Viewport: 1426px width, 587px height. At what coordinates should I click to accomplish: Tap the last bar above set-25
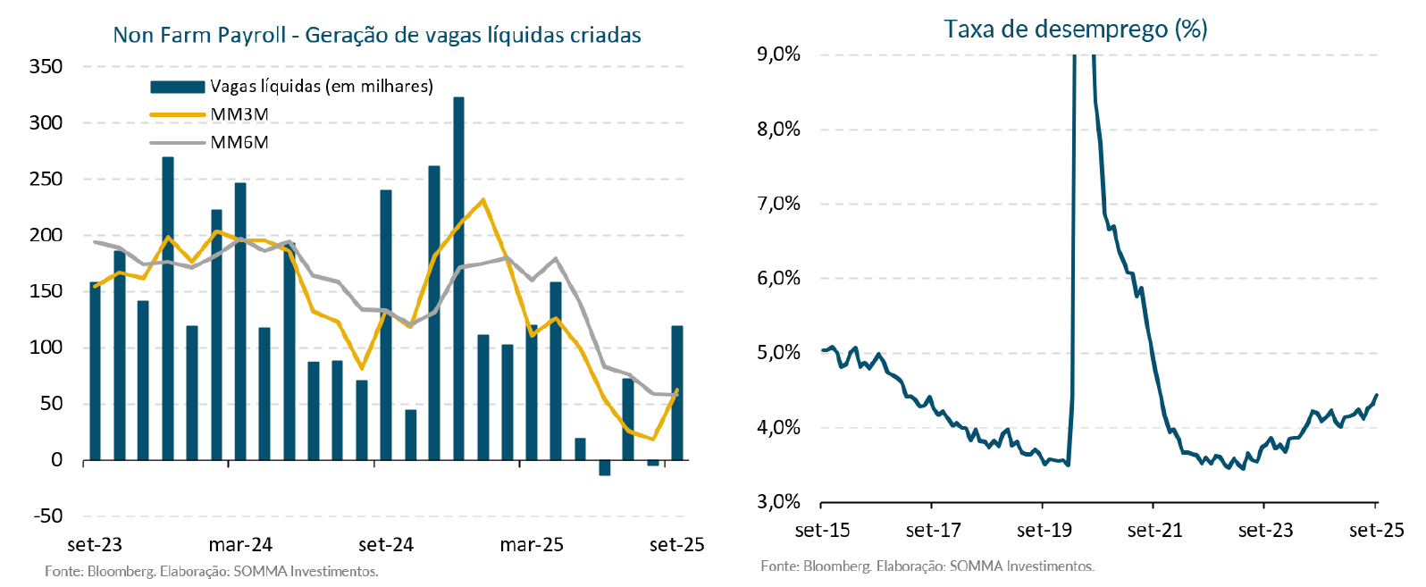click(677, 393)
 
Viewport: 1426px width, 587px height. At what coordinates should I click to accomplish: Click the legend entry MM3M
click(239, 114)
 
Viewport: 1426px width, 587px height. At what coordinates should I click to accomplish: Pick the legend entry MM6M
click(239, 142)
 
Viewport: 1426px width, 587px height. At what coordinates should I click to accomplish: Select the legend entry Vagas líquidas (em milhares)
click(321, 87)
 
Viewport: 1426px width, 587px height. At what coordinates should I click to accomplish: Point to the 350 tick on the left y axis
click(46, 66)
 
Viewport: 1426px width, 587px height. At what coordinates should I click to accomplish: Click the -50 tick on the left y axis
click(47, 516)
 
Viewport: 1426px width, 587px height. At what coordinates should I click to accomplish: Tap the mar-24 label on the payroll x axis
click(240, 545)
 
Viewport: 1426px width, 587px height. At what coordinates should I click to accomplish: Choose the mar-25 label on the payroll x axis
click(532, 545)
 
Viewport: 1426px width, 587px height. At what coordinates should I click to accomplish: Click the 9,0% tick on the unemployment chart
click(778, 55)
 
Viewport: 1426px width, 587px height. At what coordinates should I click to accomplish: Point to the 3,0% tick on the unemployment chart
click(778, 502)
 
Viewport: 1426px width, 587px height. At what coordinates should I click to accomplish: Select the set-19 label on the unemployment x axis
click(1044, 531)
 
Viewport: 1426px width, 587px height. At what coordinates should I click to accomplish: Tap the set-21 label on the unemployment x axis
click(1154, 531)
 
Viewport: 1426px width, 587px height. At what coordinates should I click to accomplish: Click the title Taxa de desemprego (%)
click(1075, 29)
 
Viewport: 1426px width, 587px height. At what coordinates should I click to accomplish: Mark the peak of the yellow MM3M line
click(482, 200)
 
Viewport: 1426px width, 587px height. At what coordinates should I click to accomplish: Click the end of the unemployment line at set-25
click(1377, 395)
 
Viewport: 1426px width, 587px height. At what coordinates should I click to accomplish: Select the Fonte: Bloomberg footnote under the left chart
click(212, 571)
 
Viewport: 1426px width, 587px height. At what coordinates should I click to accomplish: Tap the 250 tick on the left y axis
click(46, 179)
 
